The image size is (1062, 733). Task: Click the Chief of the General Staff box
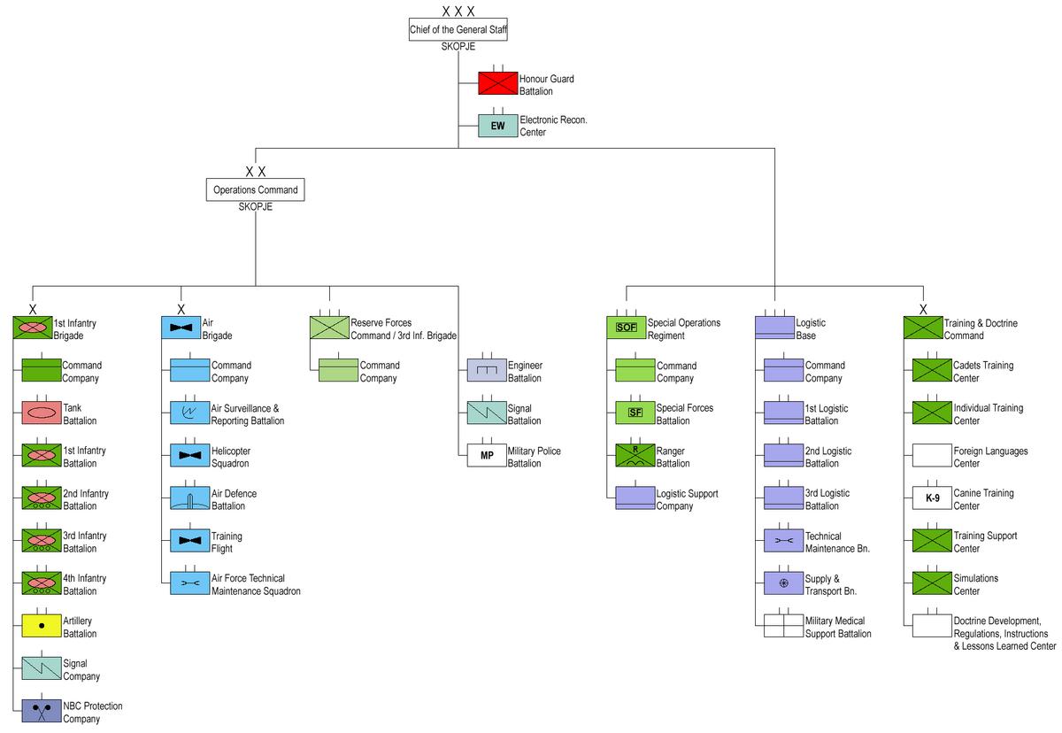point(458,29)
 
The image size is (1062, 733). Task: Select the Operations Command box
point(256,189)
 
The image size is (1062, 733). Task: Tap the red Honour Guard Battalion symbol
point(497,83)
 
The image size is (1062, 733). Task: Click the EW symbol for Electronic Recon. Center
point(497,126)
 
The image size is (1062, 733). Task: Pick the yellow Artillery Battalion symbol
point(42,626)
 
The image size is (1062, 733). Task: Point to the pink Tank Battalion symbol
point(42,413)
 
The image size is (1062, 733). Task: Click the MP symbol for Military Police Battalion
point(487,455)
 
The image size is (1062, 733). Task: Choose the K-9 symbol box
point(932,498)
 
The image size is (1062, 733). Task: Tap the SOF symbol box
point(627,328)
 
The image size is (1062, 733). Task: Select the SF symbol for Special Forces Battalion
point(635,413)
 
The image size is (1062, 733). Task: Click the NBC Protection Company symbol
point(42,711)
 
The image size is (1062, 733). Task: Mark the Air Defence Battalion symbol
point(190,498)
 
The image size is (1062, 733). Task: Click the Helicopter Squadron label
point(230,457)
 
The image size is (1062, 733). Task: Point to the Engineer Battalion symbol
point(487,370)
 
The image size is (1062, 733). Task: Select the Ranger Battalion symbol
point(635,455)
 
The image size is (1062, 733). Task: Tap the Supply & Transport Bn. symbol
point(784,583)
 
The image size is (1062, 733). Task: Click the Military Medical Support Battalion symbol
point(784,626)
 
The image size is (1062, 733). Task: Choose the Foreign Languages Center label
point(990,457)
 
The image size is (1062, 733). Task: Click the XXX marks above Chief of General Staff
point(458,11)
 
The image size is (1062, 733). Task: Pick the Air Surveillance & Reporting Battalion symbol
point(190,413)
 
